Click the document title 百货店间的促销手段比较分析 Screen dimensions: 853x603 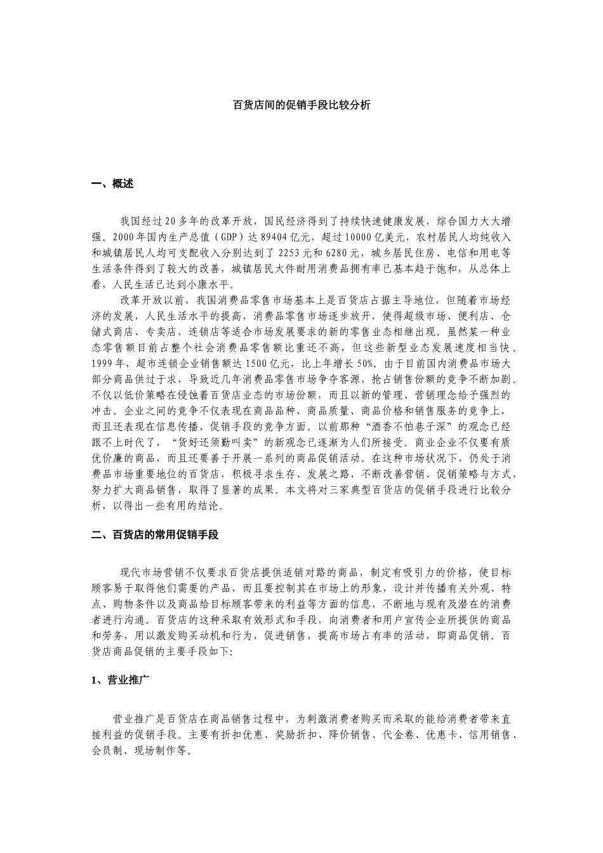click(x=301, y=105)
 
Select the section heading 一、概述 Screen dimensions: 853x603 click(x=112, y=184)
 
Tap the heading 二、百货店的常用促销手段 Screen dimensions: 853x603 click(x=155, y=535)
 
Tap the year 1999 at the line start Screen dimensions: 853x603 click(x=103, y=364)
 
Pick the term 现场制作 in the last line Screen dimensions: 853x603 click(x=159, y=750)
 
